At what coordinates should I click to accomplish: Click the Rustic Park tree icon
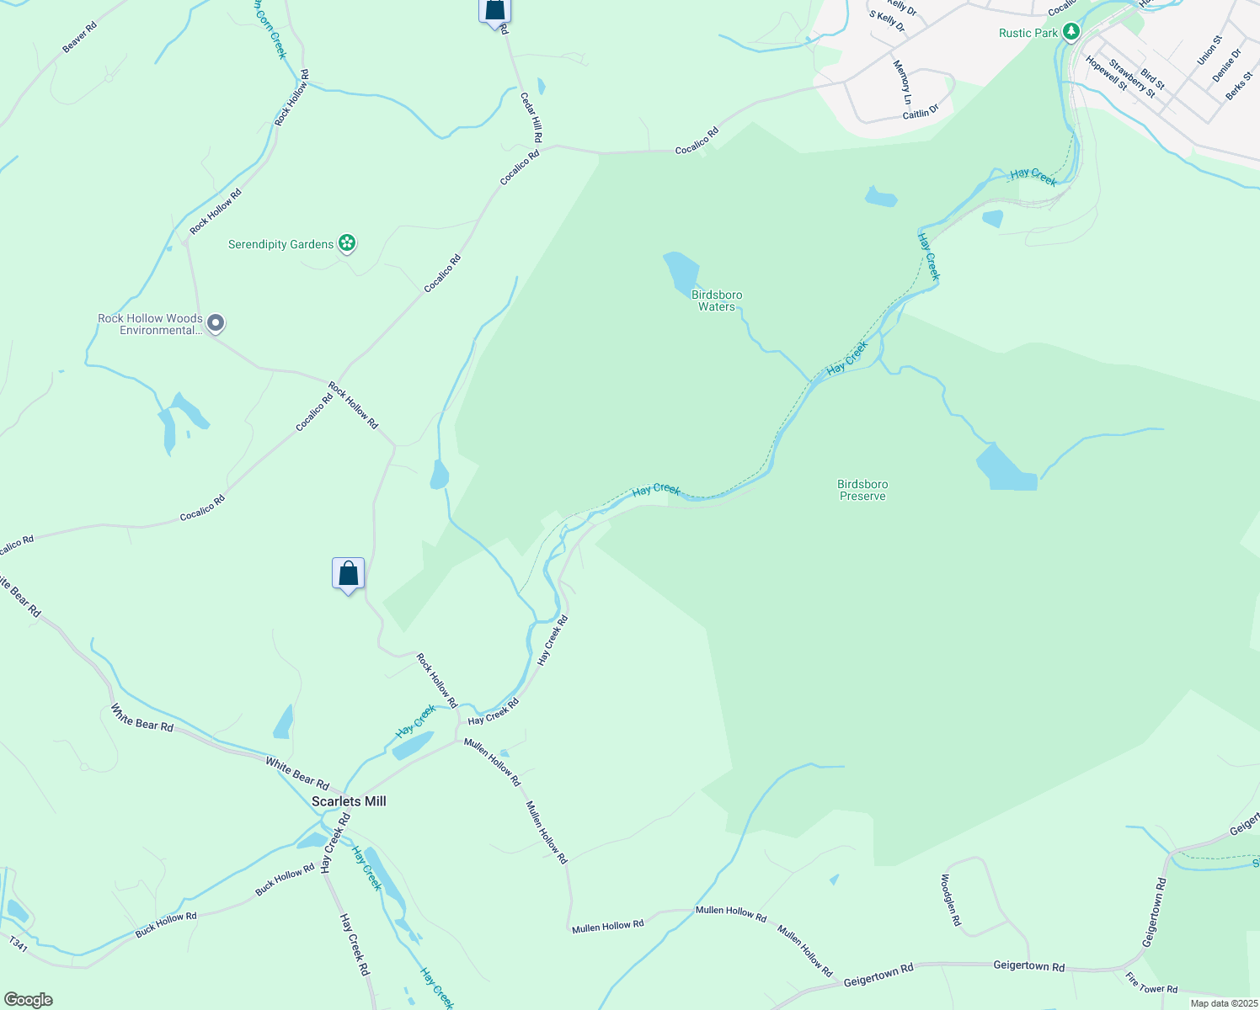tap(1070, 33)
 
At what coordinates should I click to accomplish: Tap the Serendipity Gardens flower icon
tap(346, 244)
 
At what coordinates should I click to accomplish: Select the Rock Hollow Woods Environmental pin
tap(216, 323)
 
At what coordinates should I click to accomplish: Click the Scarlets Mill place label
tap(349, 801)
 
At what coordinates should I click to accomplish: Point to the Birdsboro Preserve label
tap(862, 490)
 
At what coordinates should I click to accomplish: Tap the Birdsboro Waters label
tap(717, 300)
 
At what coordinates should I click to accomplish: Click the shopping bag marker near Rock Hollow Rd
tap(348, 574)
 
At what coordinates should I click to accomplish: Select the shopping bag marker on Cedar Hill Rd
tap(495, 10)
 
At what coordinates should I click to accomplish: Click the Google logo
tap(29, 1000)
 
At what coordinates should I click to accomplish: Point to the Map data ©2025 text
tap(1222, 1003)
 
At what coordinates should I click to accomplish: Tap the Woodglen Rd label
tap(950, 900)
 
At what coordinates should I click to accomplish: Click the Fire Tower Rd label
tap(1151, 983)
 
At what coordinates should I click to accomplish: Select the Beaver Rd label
tap(80, 37)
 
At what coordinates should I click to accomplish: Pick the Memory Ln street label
tap(902, 82)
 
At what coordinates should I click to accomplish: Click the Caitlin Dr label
tap(921, 112)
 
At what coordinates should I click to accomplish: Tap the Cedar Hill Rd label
tap(531, 117)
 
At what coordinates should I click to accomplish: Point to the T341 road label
tap(19, 947)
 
